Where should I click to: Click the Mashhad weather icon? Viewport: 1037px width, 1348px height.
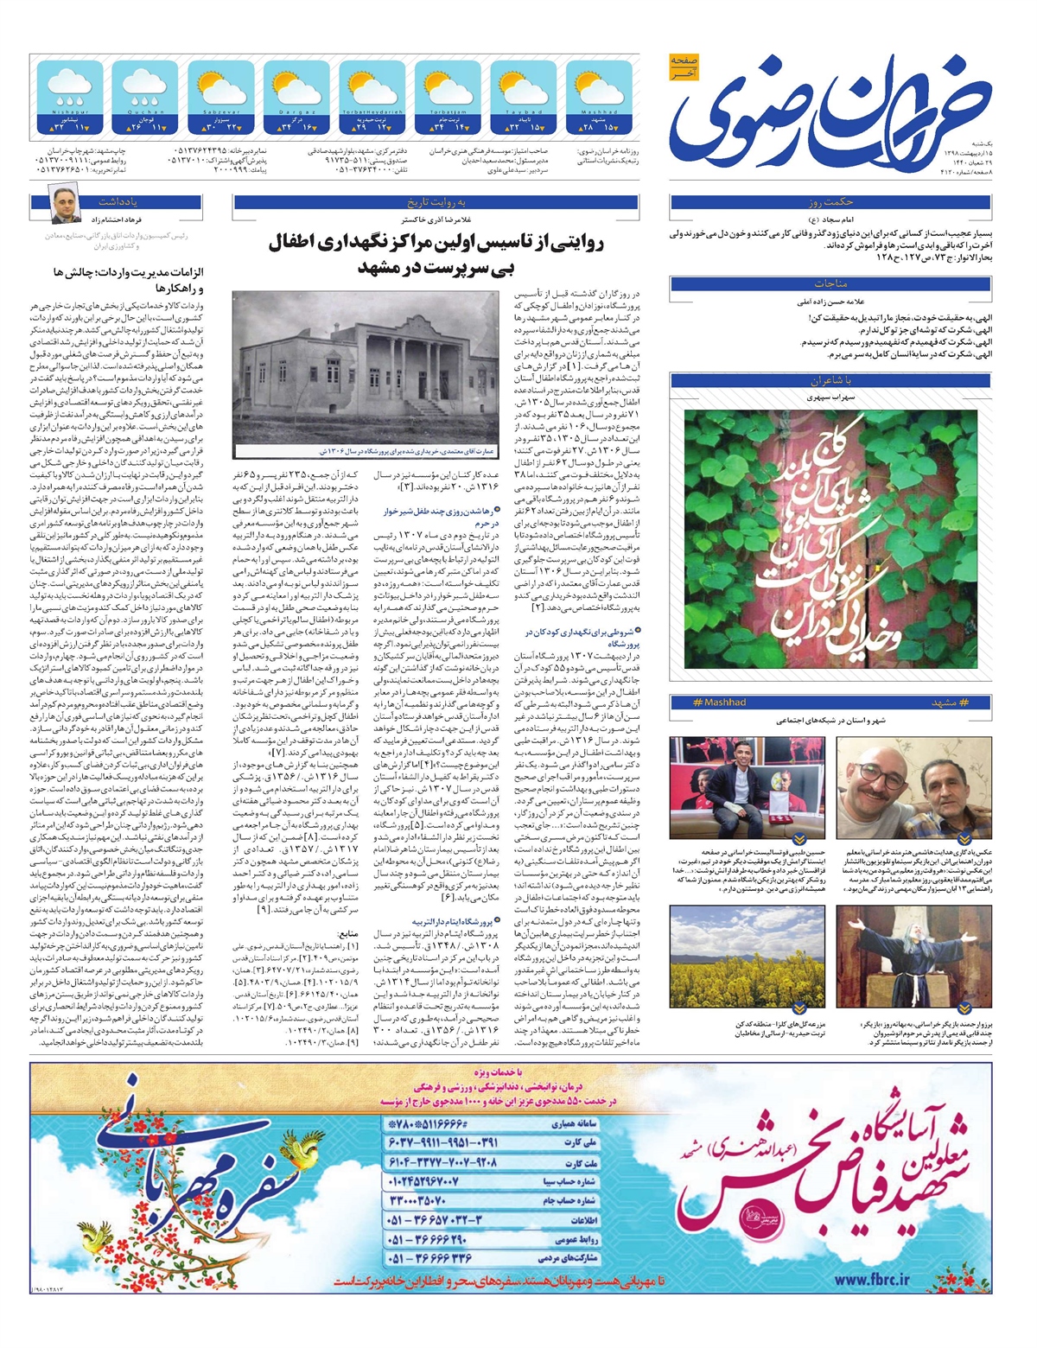(599, 89)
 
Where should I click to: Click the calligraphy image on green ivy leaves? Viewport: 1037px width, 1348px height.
(830, 539)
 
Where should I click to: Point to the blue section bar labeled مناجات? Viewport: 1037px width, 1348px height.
(831, 283)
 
